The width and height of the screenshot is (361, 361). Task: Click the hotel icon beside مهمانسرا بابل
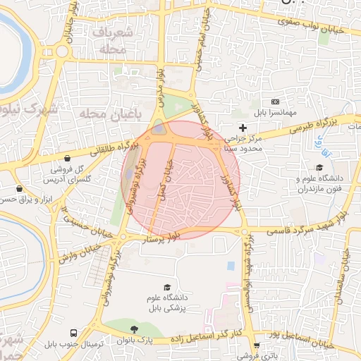[275, 102]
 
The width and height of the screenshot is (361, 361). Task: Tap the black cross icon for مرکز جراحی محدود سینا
[243, 128]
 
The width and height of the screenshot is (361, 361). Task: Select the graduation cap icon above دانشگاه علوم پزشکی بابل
[167, 287]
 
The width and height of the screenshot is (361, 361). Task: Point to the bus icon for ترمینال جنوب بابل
[73, 333]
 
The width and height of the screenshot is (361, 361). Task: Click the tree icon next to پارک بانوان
[133, 330]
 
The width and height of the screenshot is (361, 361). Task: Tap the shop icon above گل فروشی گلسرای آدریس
[66, 159]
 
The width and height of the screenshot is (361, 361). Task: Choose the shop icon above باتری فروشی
[256, 345]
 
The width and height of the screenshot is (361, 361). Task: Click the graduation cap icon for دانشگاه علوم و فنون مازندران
[320, 168]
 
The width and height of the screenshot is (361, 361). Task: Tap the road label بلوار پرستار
[164, 238]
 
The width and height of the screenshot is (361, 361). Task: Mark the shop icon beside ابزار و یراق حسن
[20, 189]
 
